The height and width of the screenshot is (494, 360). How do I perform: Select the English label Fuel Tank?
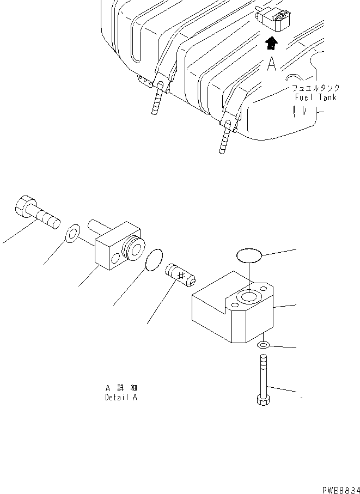[315, 97]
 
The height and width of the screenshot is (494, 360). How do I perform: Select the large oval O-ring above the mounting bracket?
[249, 254]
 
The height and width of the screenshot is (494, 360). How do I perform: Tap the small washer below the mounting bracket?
[263, 346]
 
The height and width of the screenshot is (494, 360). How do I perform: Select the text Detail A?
[121, 398]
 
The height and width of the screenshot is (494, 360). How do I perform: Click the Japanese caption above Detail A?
[121, 388]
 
